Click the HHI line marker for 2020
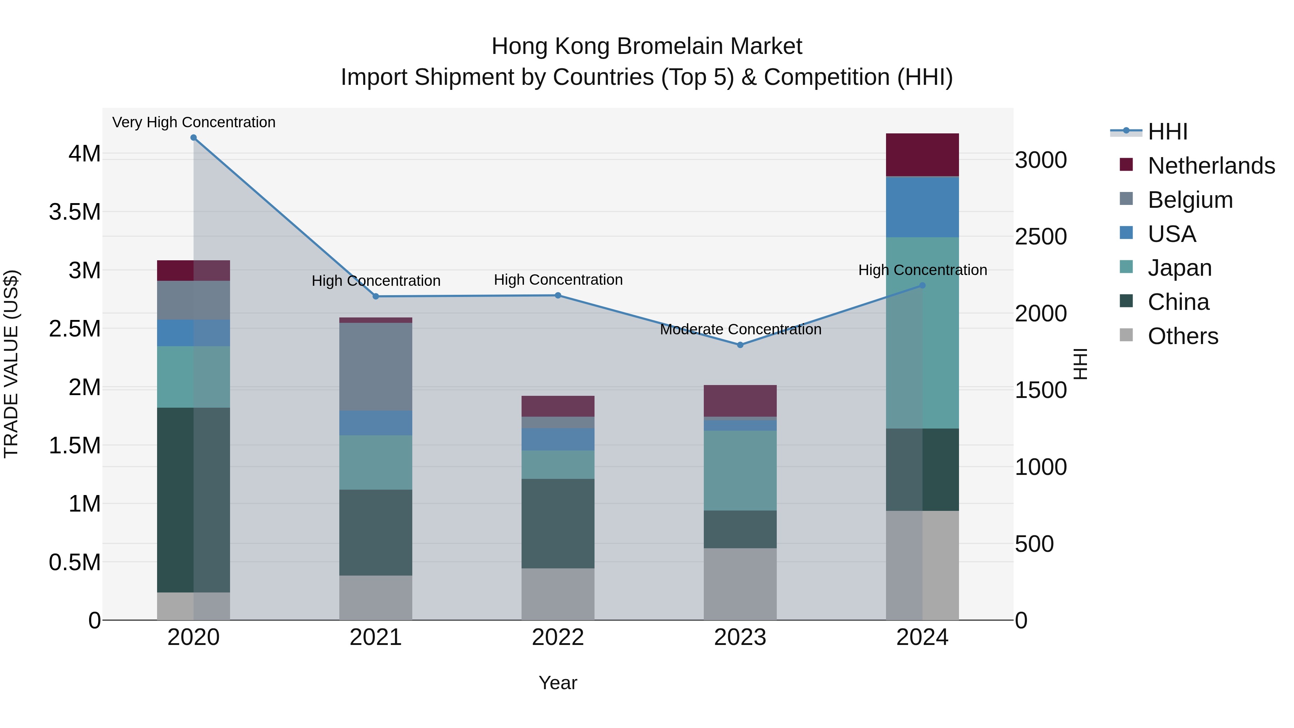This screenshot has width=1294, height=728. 193,138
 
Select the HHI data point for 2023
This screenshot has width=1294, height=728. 740,345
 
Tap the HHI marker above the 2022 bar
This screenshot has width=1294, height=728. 557,296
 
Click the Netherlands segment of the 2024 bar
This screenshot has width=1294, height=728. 922,155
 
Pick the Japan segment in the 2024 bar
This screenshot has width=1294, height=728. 922,333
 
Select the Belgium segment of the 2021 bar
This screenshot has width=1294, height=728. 376,367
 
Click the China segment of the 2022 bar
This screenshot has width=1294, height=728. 557,523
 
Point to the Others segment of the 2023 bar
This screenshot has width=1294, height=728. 740,584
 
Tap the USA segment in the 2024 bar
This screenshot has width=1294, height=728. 922,207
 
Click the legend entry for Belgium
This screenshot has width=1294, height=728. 1190,200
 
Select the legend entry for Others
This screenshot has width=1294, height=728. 1183,336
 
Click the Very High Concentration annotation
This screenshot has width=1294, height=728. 194,123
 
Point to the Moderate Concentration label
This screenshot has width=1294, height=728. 740,330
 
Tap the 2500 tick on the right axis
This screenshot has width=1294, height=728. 1041,237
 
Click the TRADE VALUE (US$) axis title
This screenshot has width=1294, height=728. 11,364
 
